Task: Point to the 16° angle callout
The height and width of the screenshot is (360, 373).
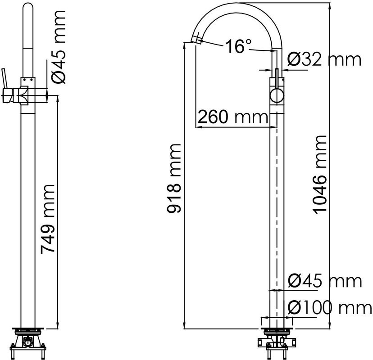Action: (238, 47)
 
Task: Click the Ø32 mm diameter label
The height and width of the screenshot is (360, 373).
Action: (324, 59)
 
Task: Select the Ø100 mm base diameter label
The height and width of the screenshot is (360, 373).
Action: (329, 308)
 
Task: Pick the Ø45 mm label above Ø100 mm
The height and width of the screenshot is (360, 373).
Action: (324, 281)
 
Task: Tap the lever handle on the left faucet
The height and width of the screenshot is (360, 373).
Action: (5, 79)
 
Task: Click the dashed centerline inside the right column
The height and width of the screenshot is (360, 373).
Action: (276, 202)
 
